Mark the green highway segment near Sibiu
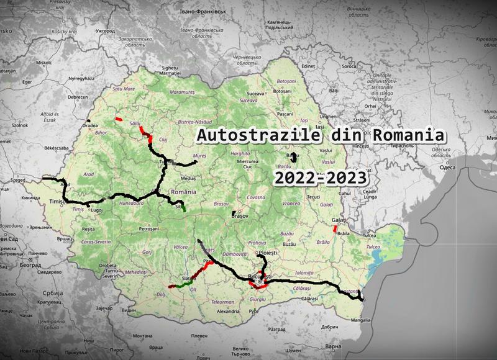coord(181,209)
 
